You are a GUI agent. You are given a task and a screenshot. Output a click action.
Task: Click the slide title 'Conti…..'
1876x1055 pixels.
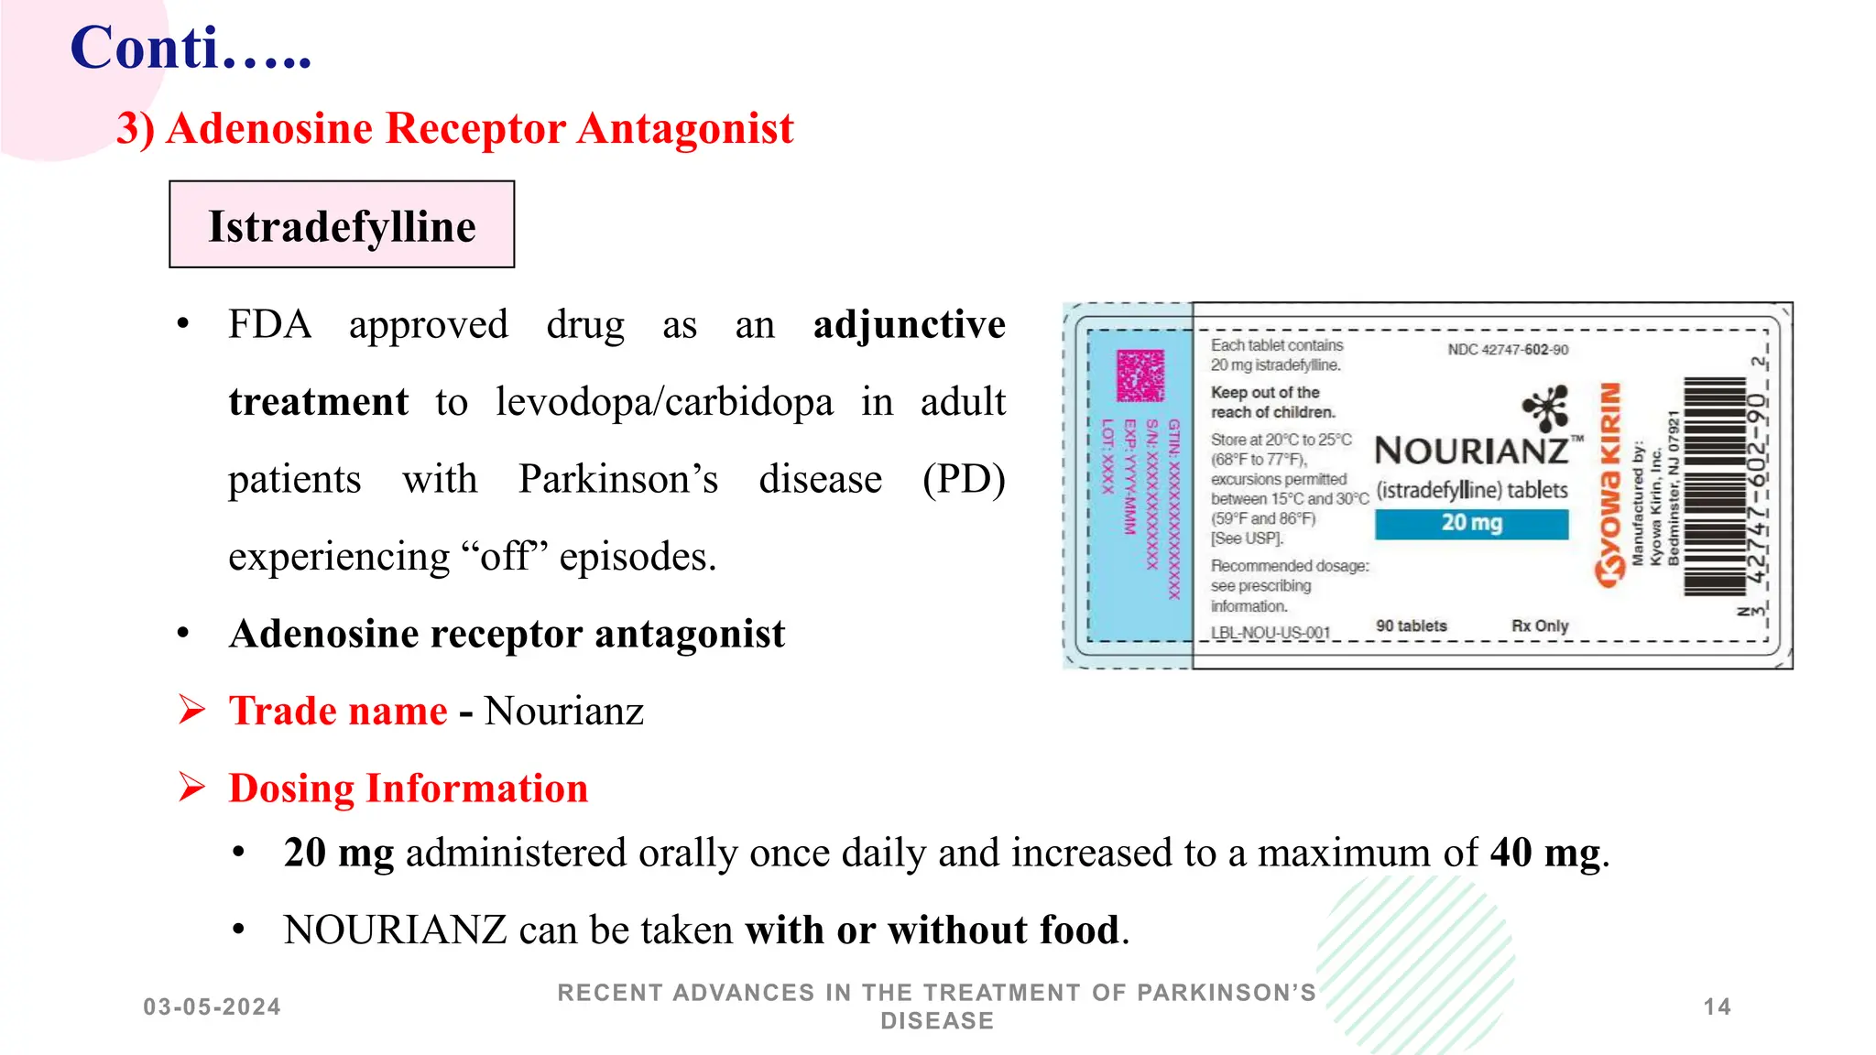191,48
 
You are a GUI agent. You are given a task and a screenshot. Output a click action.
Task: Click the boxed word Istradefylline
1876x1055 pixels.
342,225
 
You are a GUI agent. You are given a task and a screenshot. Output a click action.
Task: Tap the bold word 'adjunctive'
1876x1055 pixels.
909,325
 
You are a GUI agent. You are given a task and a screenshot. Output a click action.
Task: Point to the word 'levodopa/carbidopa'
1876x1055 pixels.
664,402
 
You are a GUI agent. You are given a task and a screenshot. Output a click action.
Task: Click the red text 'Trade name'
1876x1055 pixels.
338,711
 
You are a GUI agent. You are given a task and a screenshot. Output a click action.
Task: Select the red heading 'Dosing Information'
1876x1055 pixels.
408,789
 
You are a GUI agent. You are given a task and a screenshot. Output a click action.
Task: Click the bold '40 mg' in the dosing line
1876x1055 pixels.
1544,853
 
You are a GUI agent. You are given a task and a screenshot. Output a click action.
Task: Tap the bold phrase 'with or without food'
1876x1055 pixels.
932,930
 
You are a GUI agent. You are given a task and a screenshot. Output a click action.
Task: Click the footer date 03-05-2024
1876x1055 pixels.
212,1007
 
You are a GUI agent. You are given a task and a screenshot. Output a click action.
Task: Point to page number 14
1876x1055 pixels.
1717,1007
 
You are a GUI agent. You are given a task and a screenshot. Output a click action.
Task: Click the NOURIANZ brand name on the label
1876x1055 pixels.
1472,451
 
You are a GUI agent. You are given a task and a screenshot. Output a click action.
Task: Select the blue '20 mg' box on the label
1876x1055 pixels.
1471,523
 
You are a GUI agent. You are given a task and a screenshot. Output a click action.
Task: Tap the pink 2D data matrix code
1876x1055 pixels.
1140,375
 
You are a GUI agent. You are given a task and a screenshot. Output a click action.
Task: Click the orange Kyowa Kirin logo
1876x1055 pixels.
1609,485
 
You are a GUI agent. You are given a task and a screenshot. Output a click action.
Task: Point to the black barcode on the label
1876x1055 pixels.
1715,485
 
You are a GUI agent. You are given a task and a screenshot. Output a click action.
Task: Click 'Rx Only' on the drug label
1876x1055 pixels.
1540,625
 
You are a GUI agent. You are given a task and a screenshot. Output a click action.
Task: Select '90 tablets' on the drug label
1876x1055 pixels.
1411,625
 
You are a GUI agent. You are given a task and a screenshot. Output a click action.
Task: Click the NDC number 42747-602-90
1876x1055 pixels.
1508,350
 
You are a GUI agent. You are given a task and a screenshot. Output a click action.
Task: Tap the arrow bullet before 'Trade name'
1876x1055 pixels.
191,710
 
